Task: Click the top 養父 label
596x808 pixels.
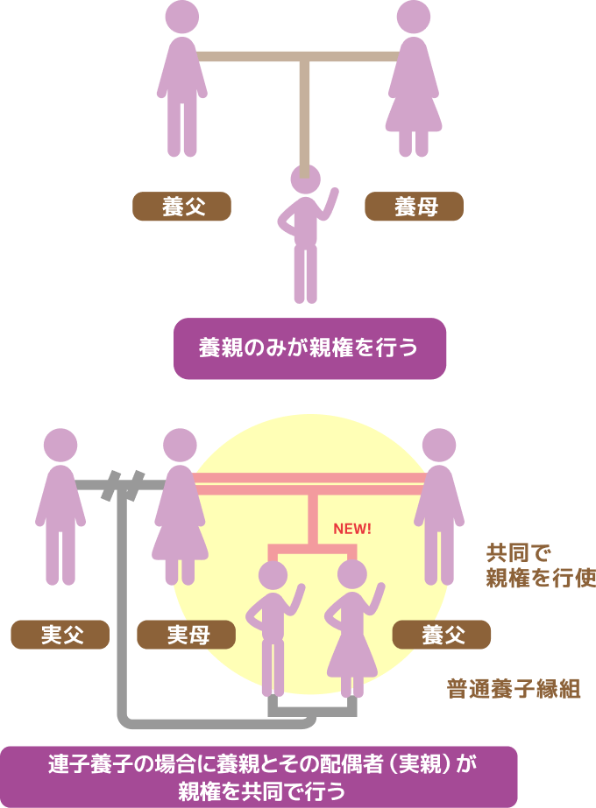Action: point(181,207)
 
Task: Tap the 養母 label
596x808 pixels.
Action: point(414,207)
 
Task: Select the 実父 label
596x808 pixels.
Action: point(60,635)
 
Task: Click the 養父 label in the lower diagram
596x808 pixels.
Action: point(442,635)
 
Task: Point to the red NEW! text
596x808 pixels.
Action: point(352,530)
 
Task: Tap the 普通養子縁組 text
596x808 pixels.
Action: point(513,689)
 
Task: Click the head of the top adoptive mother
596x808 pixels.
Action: point(414,18)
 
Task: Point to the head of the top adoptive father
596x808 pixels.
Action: point(182,18)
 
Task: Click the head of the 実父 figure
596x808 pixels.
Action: point(60,446)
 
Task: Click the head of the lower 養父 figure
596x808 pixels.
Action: point(439,446)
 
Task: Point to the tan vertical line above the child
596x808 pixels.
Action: point(305,114)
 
